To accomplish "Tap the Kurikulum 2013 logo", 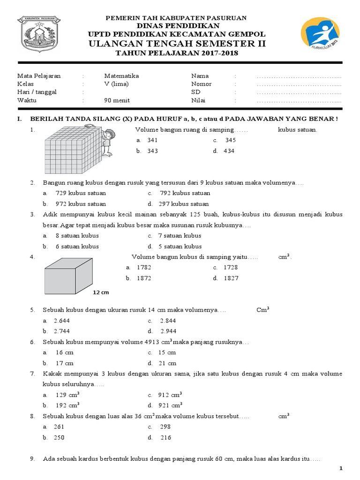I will [x=323, y=36].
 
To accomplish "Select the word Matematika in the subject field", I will [x=121, y=76].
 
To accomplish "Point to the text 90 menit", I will [x=117, y=100].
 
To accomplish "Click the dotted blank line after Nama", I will [x=299, y=76].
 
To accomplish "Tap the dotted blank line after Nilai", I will [x=299, y=100].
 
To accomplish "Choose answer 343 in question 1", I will [x=152, y=151].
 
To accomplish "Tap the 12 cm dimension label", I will [x=100, y=292].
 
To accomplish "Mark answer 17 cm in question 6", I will [x=64, y=363].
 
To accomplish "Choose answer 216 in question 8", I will [x=165, y=437].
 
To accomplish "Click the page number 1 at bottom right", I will [x=341, y=468].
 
